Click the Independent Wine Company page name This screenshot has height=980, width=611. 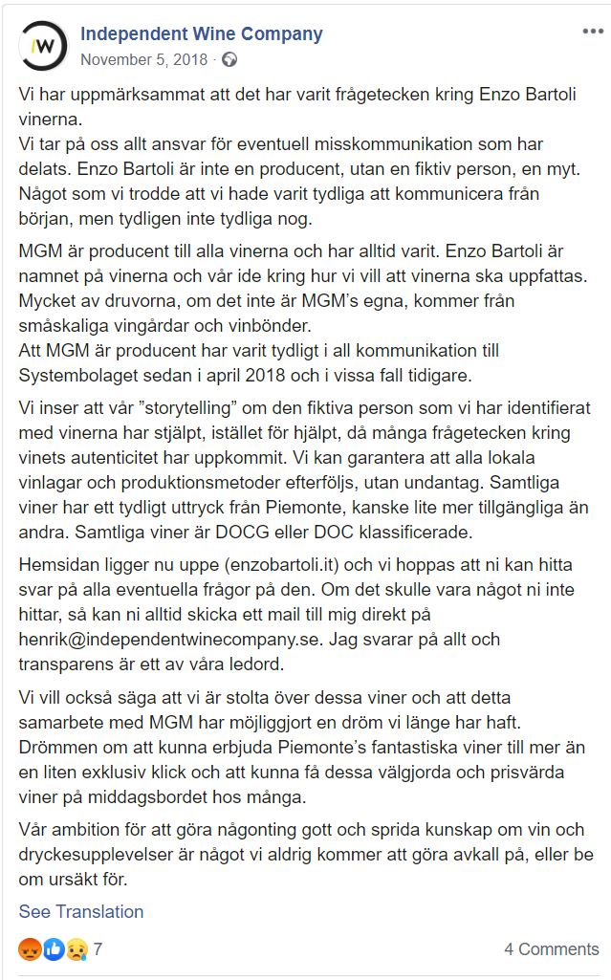tap(201, 33)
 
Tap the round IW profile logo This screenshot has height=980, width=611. tap(44, 45)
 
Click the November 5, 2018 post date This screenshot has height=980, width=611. tap(143, 59)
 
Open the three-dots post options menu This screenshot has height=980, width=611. tap(593, 32)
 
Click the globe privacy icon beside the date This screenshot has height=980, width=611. tap(229, 59)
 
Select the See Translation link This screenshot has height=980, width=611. tap(81, 911)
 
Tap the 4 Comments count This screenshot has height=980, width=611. tap(552, 949)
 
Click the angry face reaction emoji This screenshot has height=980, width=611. tap(30, 949)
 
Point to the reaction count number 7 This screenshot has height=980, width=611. tap(98, 949)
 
